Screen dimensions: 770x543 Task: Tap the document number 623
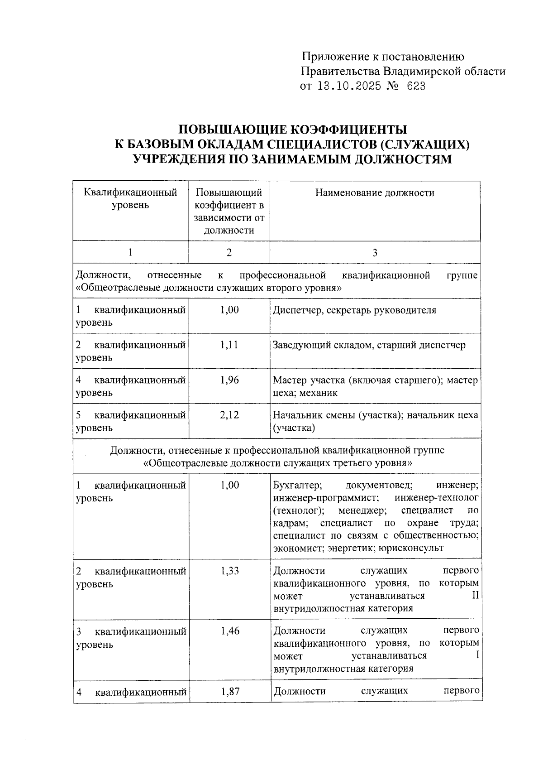point(416,86)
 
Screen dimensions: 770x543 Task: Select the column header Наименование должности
point(375,193)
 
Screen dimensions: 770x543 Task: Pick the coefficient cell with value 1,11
point(229,345)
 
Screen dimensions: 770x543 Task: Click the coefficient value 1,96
point(229,380)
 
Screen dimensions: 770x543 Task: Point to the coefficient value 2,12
point(229,415)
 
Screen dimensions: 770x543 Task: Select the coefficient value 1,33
point(230,571)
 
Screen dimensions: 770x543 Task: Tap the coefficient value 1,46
point(230,631)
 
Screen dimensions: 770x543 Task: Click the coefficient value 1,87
point(230,691)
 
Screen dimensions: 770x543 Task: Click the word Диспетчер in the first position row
point(295,310)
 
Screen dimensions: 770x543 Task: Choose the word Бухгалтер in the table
point(297,486)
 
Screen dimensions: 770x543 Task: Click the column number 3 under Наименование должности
point(375,253)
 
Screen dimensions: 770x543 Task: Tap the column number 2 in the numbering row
point(229,253)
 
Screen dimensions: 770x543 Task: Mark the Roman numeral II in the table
point(475,596)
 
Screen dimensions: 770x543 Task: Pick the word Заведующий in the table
point(298,345)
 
